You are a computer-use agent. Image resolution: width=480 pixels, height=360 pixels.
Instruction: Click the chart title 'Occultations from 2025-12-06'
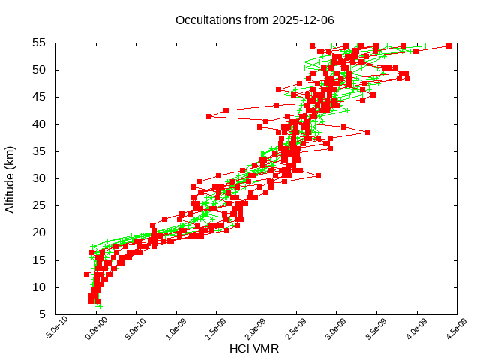pyautogui.click(x=254, y=19)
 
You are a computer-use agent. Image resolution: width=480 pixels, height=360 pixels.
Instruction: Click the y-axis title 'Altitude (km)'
pyautogui.click(x=10, y=178)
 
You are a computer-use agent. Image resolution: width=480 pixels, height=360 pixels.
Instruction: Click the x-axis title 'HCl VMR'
pyautogui.click(x=254, y=349)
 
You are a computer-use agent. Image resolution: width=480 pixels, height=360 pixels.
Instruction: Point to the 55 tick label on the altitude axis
pyautogui.click(x=40, y=43)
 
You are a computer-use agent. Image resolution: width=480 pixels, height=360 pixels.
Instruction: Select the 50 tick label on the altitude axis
pyautogui.click(x=40, y=70)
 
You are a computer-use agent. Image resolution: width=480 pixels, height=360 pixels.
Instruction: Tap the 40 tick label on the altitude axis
pyautogui.click(x=40, y=124)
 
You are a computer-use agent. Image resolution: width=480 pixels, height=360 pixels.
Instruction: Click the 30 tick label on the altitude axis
pyautogui.click(x=40, y=178)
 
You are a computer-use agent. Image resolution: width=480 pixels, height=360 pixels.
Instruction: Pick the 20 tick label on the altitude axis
pyautogui.click(x=40, y=233)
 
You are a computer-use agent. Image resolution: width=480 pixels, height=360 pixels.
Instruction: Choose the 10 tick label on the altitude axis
pyautogui.click(x=40, y=287)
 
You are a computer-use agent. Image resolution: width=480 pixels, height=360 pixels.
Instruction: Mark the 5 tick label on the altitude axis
pyautogui.click(x=43, y=314)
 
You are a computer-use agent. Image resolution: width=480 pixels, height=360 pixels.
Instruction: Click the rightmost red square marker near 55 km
pyautogui.click(x=448, y=46)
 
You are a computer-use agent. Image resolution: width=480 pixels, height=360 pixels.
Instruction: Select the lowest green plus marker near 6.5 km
pyautogui.click(x=99, y=306)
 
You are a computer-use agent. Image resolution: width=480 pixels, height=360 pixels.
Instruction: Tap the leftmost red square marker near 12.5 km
pyautogui.click(x=87, y=274)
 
